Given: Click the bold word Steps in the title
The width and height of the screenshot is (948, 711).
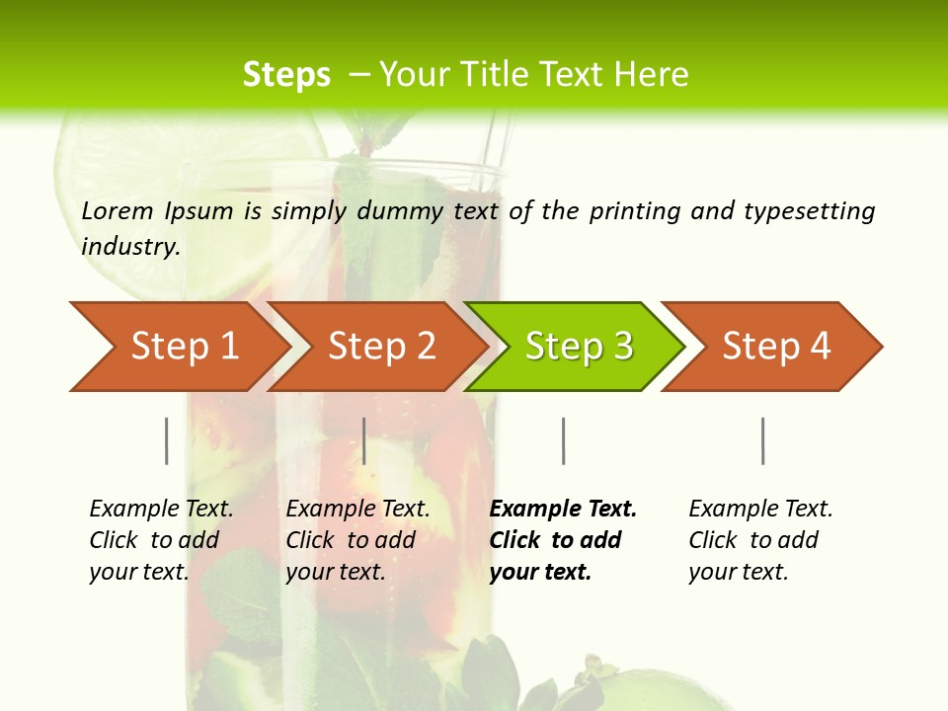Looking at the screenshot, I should click(x=286, y=74).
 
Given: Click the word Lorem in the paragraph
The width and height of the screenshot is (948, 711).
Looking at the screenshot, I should click(x=118, y=210).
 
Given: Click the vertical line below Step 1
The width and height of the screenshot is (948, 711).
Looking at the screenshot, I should click(x=167, y=440).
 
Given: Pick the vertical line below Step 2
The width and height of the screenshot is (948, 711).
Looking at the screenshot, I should click(x=364, y=440).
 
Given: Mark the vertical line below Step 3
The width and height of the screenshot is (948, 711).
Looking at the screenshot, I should click(x=563, y=440).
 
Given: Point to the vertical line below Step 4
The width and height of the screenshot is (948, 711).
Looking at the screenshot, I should click(x=762, y=440).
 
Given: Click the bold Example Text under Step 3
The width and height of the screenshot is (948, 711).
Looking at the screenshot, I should click(x=563, y=510).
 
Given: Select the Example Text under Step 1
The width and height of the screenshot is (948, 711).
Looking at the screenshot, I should click(x=161, y=510).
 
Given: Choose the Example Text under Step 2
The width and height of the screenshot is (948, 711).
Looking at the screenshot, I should click(x=357, y=510).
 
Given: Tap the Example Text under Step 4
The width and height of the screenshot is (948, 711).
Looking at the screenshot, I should click(x=760, y=510).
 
